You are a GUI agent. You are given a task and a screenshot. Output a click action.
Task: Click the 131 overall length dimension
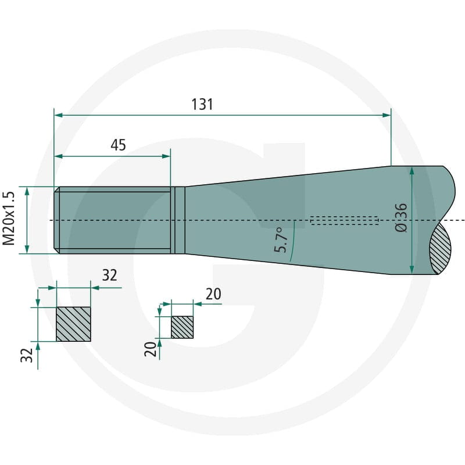click(202, 105)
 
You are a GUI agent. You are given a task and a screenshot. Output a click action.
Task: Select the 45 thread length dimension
click(119, 145)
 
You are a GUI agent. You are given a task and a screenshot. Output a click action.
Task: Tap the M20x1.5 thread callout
click(9, 219)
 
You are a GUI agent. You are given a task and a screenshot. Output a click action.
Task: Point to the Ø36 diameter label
click(402, 217)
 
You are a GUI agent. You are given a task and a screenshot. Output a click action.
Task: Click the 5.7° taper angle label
click(281, 240)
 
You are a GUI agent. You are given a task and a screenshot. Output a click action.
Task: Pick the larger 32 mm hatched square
click(74, 324)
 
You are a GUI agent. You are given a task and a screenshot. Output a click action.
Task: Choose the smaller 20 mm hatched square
click(183, 327)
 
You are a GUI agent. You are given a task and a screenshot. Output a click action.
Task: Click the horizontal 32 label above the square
click(110, 275)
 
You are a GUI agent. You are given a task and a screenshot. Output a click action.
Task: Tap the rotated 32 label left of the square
click(27, 355)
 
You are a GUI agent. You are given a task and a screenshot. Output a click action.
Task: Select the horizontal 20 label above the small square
click(213, 294)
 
